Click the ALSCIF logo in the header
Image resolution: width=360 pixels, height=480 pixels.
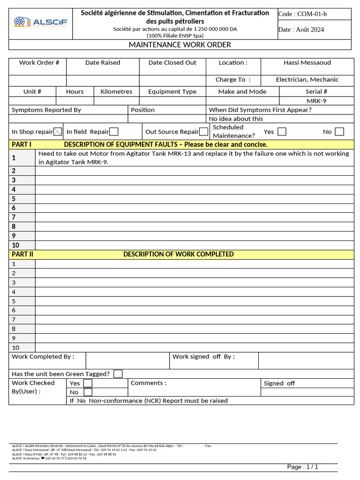pyautogui.click(x=41, y=22)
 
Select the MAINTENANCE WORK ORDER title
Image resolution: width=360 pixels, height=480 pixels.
pyautogui.click(x=180, y=45)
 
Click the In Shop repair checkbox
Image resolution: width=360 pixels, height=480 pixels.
pyautogui.click(x=58, y=132)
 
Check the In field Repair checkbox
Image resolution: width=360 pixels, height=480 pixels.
pyautogui.click(x=113, y=132)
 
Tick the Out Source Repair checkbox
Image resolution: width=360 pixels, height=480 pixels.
pyautogui.click(x=203, y=132)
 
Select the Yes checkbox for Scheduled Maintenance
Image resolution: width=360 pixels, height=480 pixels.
pyautogui.click(x=282, y=132)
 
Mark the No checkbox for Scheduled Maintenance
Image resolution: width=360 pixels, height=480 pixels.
pyautogui.click(x=339, y=132)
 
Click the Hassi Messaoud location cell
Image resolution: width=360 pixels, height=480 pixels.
pyautogui.click(x=307, y=63)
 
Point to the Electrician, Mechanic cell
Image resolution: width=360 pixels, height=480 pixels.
pyautogui.click(x=307, y=80)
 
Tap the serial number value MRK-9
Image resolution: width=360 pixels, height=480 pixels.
pyautogui.click(x=316, y=101)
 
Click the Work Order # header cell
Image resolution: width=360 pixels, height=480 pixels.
pyautogui.click(x=39, y=63)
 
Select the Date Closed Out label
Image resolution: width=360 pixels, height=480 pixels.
pyautogui.click(x=172, y=63)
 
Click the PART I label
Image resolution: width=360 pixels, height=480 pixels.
pyautogui.click(x=22, y=144)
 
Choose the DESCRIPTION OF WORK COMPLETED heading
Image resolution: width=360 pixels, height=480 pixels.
pyautogui.click(x=178, y=255)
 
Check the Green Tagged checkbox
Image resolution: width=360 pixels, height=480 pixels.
pyautogui.click(x=118, y=374)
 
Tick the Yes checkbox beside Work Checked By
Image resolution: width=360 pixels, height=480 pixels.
pyautogui.click(x=88, y=383)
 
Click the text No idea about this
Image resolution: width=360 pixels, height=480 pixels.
pyautogui.click(x=236, y=119)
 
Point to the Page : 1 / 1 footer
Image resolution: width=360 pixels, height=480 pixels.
pyautogui.click(x=302, y=467)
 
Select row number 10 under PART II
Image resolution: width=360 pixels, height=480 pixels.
pyautogui.click(x=16, y=348)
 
